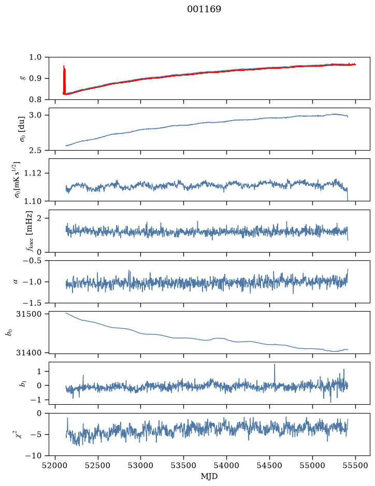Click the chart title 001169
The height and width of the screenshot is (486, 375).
pos(204,9)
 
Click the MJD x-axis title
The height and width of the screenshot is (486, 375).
pos(209,476)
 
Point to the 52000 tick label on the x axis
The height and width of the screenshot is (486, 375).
pos(55,465)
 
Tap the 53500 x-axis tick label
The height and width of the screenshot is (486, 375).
pos(184,465)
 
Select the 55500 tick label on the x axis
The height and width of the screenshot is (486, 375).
pos(355,465)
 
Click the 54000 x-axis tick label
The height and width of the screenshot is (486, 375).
pos(226,465)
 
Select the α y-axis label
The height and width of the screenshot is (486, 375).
pos(16,282)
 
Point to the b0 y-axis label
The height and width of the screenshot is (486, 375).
pos(10,332)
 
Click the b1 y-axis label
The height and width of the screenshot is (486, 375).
pos(23,384)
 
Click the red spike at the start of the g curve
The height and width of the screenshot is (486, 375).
pos(64,80)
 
